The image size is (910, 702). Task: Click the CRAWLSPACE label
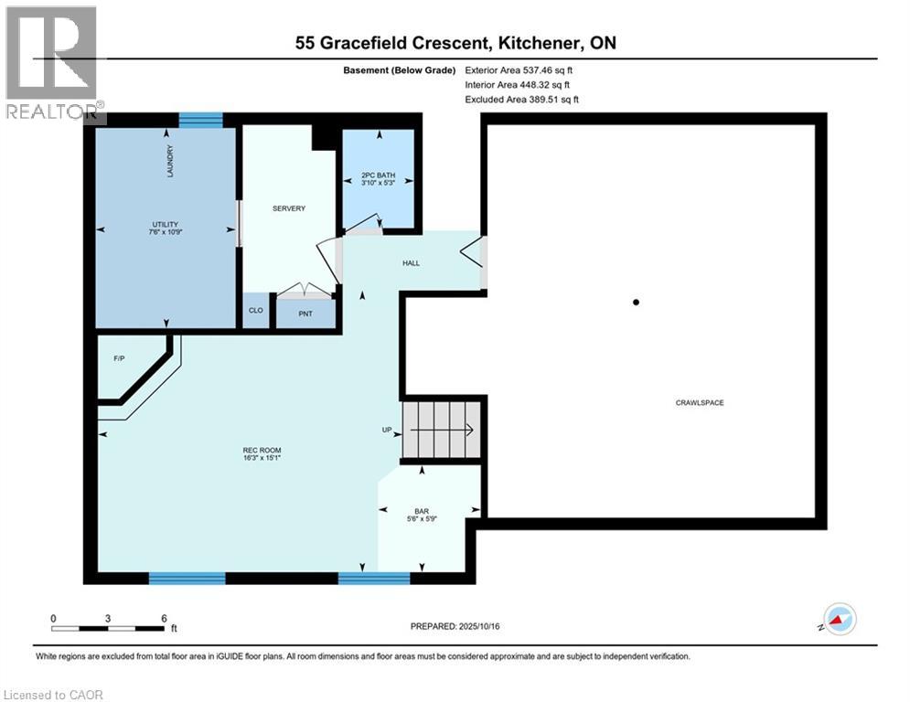(700, 402)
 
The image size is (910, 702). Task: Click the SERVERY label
(289, 208)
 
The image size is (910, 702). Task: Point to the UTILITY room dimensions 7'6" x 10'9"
(165, 232)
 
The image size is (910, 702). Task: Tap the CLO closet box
(256, 311)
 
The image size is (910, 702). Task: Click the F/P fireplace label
(119, 358)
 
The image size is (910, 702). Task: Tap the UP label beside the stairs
(388, 430)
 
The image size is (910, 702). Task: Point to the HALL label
(412, 263)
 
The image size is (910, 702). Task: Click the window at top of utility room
(200, 120)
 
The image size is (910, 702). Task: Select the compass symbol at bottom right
(839, 619)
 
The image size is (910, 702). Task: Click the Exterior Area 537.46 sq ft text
(519, 69)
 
